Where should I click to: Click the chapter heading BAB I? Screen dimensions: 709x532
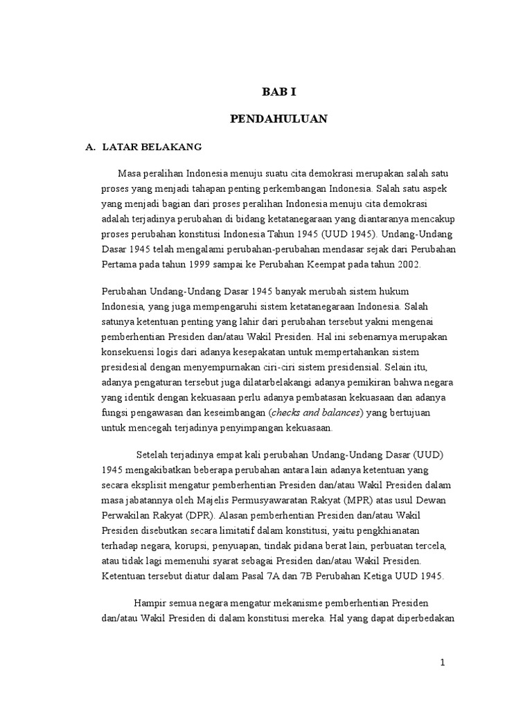pos(277,91)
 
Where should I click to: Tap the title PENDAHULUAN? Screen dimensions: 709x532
pos(278,119)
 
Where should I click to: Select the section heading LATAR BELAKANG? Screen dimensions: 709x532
pos(151,147)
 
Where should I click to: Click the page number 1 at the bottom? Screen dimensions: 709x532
pos(443,663)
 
